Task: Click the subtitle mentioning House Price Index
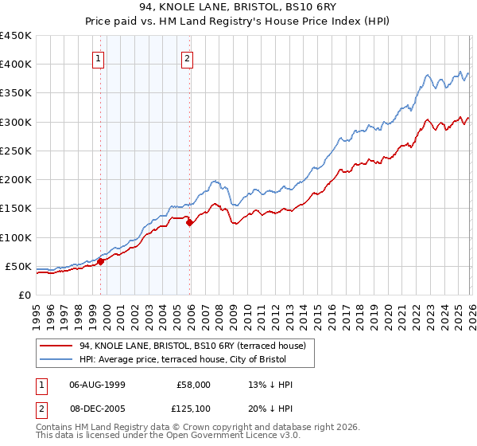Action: (x=238, y=22)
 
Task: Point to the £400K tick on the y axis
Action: (x=16, y=65)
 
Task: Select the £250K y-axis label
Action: (x=16, y=151)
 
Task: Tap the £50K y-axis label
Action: (x=19, y=266)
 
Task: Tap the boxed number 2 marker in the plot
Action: (x=188, y=58)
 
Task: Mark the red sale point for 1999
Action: (x=100, y=261)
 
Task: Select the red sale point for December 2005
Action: (x=189, y=223)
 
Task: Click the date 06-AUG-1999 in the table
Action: (x=98, y=385)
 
